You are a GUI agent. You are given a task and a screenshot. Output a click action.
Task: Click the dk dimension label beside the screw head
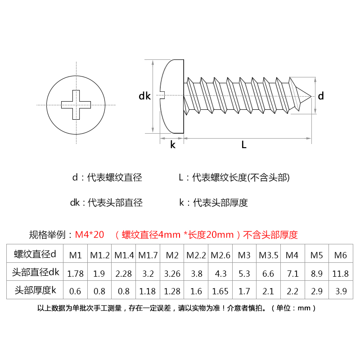click(144, 96)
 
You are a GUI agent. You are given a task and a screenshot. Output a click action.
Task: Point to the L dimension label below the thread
click(244, 145)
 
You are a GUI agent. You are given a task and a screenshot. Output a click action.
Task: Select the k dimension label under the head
click(172, 145)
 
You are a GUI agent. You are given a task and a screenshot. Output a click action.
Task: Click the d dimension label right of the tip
click(321, 96)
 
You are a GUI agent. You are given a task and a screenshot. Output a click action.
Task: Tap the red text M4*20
click(90, 234)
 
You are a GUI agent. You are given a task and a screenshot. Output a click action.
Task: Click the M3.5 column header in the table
click(269, 255)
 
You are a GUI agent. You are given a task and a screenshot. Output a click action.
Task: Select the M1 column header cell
click(75, 255)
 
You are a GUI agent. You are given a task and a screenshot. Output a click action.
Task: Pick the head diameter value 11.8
click(341, 273)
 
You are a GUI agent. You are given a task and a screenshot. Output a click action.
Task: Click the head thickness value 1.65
click(220, 291)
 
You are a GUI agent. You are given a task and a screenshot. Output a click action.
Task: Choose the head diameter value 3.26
click(172, 273)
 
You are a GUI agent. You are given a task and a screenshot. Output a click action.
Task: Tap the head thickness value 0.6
click(75, 291)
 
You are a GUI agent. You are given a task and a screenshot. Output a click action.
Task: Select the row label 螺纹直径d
click(35, 255)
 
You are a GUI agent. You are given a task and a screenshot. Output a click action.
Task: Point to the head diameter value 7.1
click(292, 273)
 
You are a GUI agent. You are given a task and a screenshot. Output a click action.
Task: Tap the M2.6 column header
click(220, 255)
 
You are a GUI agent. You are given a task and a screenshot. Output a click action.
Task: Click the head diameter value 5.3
click(244, 273)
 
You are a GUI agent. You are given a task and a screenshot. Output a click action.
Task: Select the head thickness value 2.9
click(317, 291)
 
